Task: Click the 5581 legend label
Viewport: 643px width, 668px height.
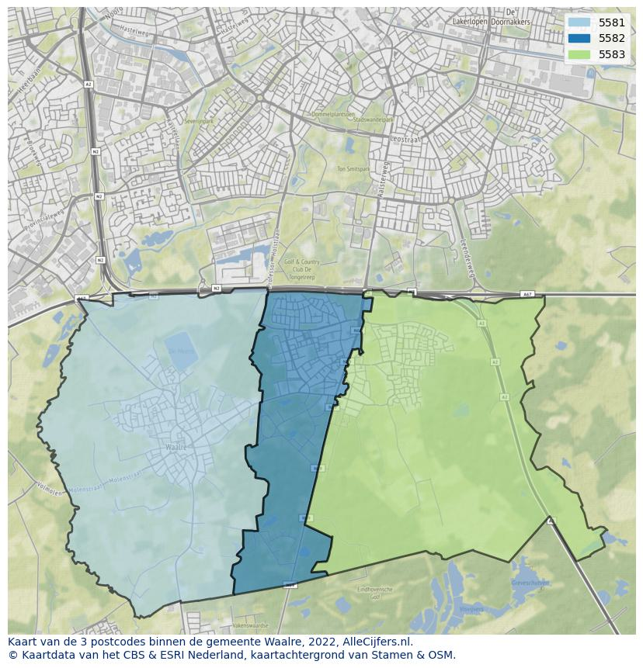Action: [x=611, y=22]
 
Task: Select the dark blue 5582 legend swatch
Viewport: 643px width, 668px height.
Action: [x=579, y=38]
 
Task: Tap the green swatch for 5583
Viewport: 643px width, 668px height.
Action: [x=579, y=54]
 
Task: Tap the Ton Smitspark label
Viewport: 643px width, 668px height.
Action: [x=353, y=168]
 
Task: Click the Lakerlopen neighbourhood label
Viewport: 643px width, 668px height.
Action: [x=474, y=22]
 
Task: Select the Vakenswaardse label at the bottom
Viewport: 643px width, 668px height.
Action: [x=249, y=625]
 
